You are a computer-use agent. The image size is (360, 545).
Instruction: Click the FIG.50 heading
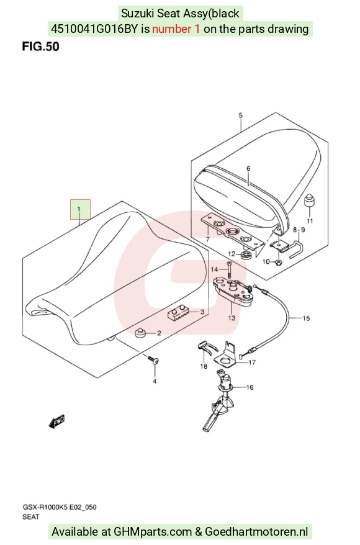click(41, 46)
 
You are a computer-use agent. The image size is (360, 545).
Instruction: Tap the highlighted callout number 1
click(80, 209)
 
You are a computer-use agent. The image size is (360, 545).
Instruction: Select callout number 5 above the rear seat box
click(241, 115)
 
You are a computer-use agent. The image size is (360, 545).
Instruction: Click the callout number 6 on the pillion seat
click(248, 169)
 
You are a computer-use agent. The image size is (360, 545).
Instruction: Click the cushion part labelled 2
click(141, 332)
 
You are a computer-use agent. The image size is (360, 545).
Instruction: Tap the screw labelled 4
click(152, 359)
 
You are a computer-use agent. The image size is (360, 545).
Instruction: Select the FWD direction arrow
click(56, 421)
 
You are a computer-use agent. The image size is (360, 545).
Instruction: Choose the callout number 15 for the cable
click(306, 318)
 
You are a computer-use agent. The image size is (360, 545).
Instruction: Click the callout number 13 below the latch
click(232, 318)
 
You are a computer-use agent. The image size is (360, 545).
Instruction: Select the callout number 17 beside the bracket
click(252, 362)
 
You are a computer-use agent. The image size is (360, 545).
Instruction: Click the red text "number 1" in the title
click(176, 29)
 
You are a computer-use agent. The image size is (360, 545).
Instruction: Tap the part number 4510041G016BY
click(94, 29)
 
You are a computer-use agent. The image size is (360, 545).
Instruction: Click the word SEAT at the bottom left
click(31, 517)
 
